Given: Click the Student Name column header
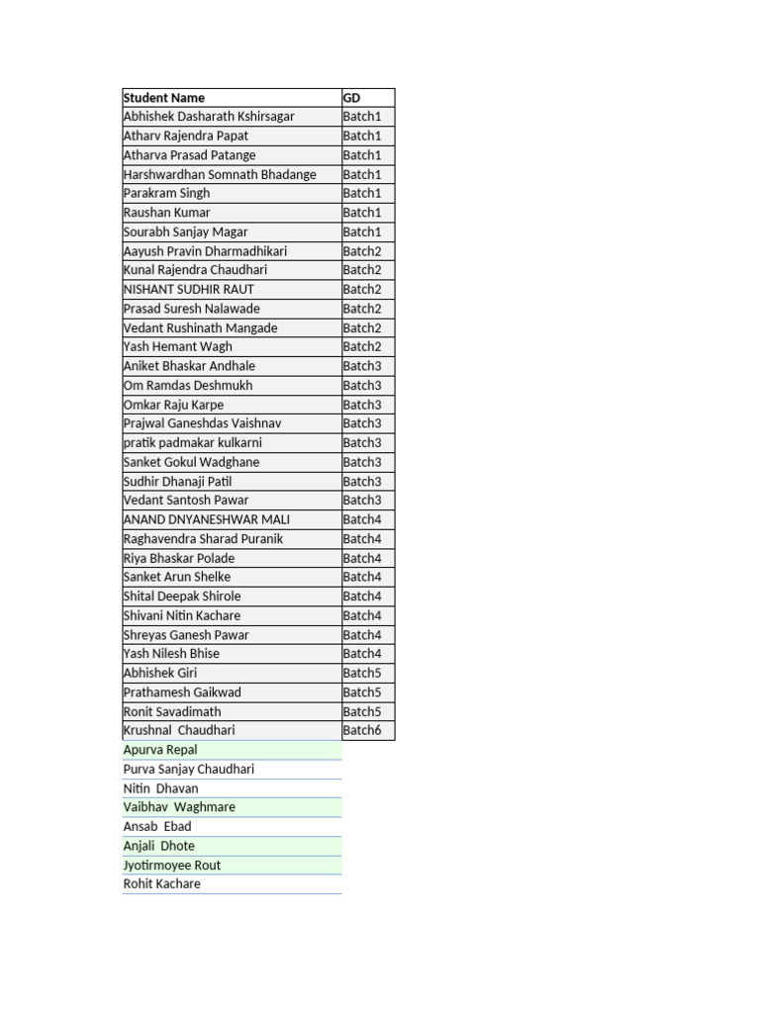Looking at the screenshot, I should [164, 98].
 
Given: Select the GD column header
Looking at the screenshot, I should [351, 98].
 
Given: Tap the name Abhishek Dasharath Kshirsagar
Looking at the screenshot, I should [209, 117].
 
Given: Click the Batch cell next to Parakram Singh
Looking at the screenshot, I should [362, 193].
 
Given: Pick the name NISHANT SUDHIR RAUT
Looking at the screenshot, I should [189, 289].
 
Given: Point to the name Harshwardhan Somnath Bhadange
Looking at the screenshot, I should [220, 174].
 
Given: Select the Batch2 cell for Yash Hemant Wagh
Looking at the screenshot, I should [362, 346].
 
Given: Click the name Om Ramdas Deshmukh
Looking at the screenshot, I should [188, 385].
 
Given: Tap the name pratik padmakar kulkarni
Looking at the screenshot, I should [193, 442].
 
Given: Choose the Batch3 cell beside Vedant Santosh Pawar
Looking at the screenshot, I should [362, 500].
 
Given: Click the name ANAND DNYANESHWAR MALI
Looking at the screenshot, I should [207, 519].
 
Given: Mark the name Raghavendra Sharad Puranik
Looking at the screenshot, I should [203, 538].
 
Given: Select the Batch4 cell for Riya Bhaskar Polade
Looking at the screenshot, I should [362, 558].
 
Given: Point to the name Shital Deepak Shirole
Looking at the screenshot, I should [182, 596].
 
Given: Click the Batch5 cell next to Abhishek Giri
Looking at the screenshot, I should [362, 673].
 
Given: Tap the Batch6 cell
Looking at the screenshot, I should [362, 730].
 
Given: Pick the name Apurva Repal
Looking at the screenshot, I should [160, 750].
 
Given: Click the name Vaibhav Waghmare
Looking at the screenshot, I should [179, 807].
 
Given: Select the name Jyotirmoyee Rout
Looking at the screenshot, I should [172, 865].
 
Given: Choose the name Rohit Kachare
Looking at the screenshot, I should [162, 883].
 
